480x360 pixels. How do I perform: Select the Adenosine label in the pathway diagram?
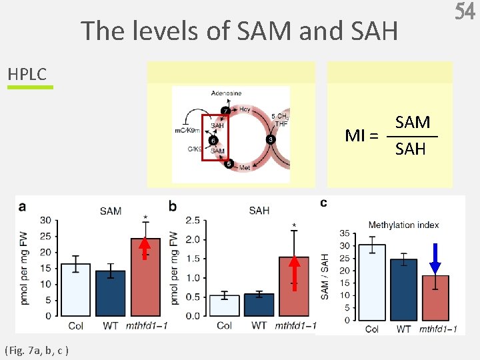227,93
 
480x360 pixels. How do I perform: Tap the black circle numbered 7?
225,111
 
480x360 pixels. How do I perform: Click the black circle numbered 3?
269,139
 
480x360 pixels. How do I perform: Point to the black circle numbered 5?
229,164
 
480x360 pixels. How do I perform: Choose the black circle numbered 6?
212,141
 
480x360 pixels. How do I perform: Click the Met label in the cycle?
245,169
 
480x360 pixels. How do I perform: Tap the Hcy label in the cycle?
245,109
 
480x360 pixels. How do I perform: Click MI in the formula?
356,136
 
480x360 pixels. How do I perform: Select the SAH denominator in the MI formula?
410,149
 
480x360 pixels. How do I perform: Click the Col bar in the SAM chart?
75,289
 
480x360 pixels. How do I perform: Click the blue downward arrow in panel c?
435,259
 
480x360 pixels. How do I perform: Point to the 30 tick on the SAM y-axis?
45,220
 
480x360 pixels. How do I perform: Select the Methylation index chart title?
403,225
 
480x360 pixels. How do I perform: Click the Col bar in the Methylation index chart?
372,283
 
